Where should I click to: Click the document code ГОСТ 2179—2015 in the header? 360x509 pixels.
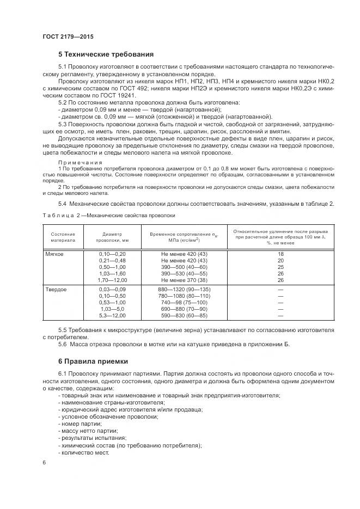click(x=68, y=36)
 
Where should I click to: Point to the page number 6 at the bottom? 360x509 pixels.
click(x=44, y=462)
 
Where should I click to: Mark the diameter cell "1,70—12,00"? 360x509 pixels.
click(x=112, y=280)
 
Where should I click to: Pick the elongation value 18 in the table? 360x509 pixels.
click(x=280, y=254)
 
